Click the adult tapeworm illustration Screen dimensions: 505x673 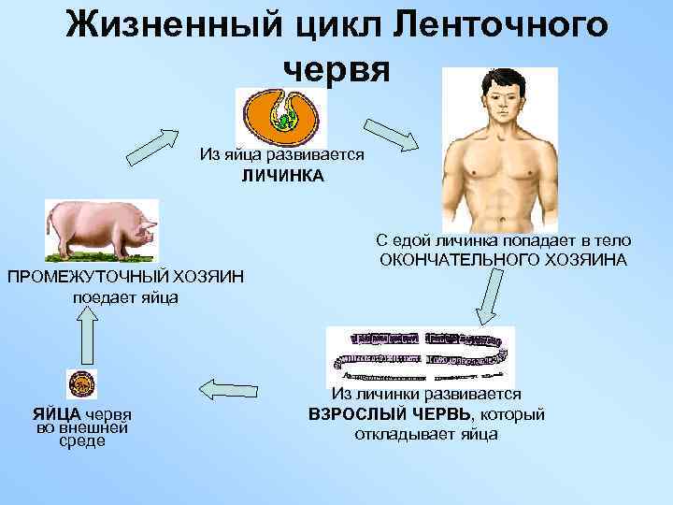[x=420, y=356]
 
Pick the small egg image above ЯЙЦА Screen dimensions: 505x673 [x=81, y=384]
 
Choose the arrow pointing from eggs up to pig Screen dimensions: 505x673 [x=87, y=336]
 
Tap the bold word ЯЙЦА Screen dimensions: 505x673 [x=56, y=415]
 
